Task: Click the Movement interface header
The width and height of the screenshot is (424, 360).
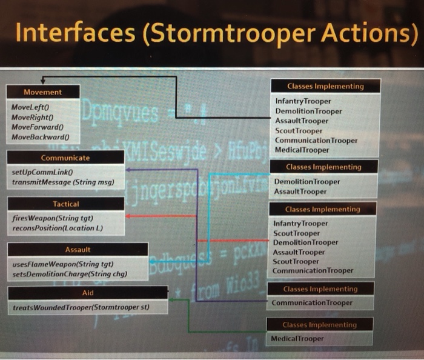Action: tap(42, 92)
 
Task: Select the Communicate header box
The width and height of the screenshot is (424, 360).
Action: tap(66, 158)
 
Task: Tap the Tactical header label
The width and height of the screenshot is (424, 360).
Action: tap(66, 204)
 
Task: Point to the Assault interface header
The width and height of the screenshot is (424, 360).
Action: tap(78, 250)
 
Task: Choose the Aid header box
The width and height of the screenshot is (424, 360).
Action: tap(88, 293)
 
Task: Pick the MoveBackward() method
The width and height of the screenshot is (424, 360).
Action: tap(37, 138)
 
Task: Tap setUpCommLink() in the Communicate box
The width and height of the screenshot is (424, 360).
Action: tap(39, 172)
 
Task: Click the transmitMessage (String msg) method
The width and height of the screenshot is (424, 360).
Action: tap(63, 182)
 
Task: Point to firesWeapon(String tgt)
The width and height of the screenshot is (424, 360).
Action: tap(52, 218)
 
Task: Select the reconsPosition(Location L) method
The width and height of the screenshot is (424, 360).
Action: tap(57, 228)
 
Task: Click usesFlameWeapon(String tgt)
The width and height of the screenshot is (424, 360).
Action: tap(63, 265)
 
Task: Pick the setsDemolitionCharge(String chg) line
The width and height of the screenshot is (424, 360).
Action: tap(70, 275)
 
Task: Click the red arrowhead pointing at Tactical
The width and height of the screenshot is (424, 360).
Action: tap(129, 216)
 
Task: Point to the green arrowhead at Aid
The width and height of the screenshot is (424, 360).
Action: tap(172, 300)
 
